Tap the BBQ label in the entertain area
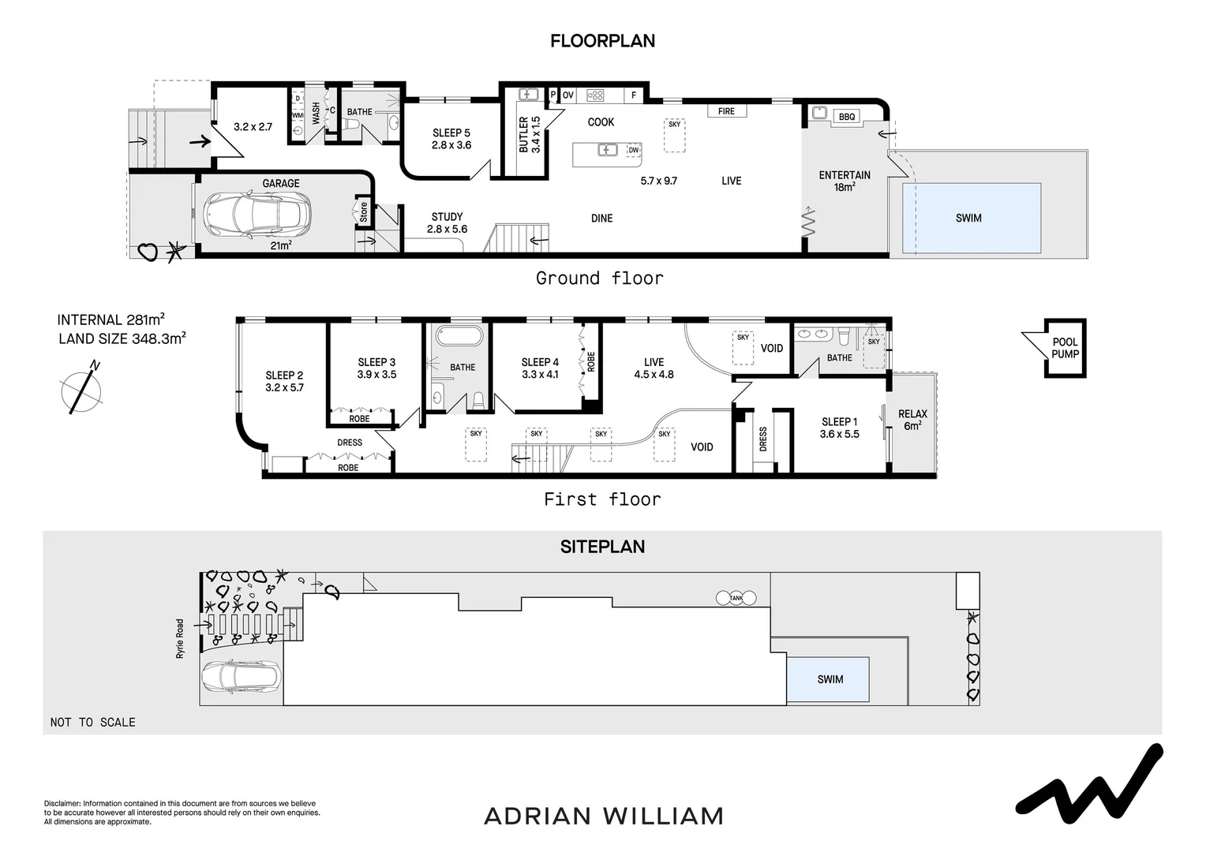[846, 116]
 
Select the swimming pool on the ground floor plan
[972, 218]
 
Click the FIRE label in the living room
[726, 111]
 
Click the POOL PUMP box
[1065, 348]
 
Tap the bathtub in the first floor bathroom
[459, 336]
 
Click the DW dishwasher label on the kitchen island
[634, 150]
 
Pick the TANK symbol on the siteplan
[736, 598]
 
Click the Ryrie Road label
[180, 638]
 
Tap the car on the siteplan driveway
[242, 678]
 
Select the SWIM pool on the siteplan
[828, 679]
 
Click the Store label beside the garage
[363, 212]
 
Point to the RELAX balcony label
[912, 414]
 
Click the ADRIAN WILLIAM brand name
[604, 816]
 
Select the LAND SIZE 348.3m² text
[122, 338]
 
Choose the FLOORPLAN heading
[602, 41]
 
